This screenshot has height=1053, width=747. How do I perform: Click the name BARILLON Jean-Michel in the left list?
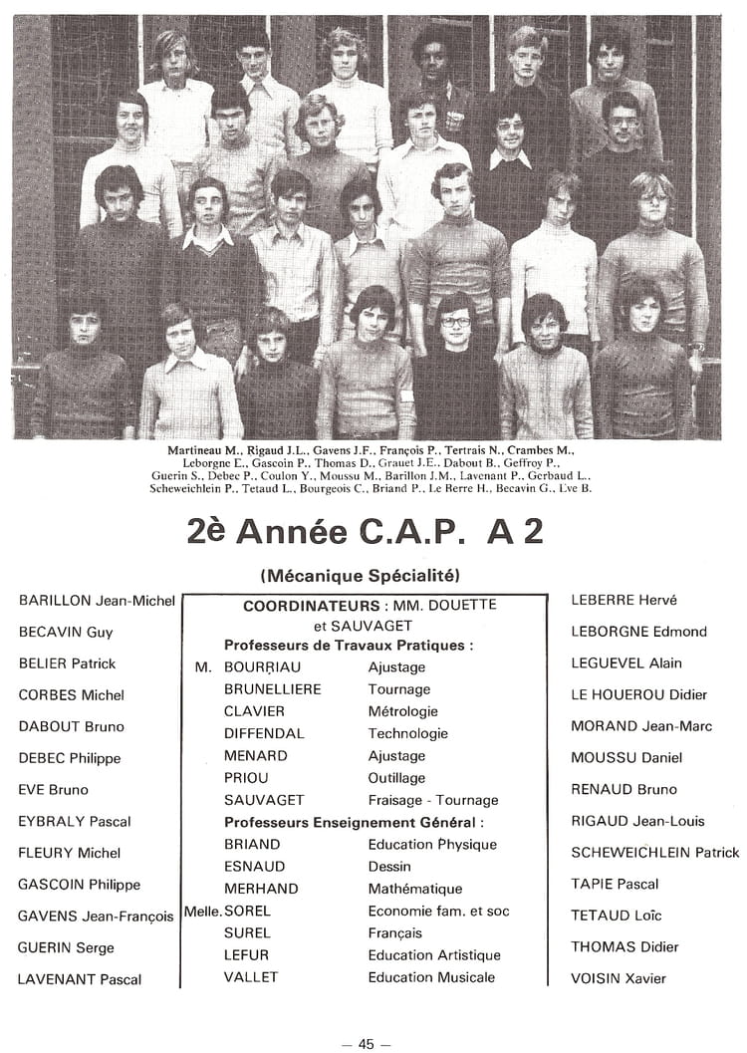coord(97,601)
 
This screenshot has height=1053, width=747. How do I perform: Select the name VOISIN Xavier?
coord(619,978)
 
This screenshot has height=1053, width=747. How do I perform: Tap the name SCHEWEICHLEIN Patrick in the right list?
coord(654,852)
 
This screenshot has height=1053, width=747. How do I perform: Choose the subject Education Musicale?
coord(431,977)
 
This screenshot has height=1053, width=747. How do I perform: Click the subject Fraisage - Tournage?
coord(432,800)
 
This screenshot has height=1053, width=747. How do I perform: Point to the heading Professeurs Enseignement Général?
coord(354,822)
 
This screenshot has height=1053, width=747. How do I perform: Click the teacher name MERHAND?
coord(260,889)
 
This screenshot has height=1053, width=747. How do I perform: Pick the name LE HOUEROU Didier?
coord(638,694)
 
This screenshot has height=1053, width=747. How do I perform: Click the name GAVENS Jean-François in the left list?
coord(96,917)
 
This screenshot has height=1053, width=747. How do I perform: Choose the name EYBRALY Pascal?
coord(75,822)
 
